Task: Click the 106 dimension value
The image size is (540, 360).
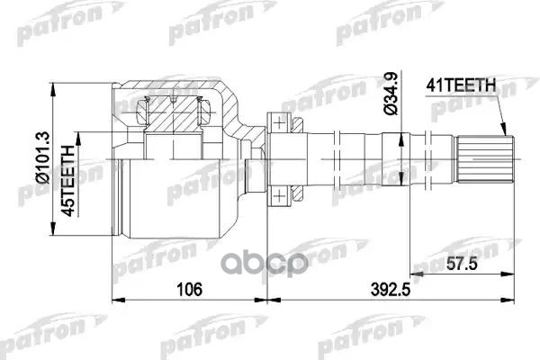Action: pyautogui.click(x=188, y=289)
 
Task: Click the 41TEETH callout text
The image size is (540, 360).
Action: pyautogui.click(x=459, y=86)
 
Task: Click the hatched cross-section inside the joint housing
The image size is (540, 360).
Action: pyautogui.click(x=175, y=112)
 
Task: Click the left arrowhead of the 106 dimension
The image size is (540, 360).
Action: pyautogui.click(x=116, y=300)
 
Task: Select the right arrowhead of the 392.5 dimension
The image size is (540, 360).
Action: pyautogui.click(x=515, y=300)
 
